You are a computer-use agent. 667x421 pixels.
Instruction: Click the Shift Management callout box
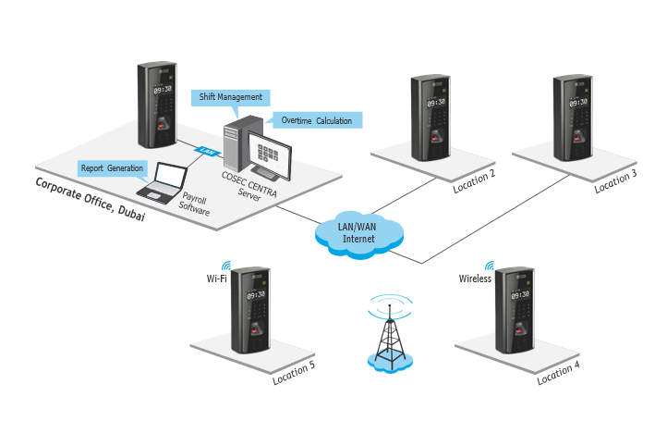click(x=231, y=97)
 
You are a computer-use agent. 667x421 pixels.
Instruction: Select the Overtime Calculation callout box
click(x=316, y=120)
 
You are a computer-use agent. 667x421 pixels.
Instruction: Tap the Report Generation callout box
click(x=112, y=168)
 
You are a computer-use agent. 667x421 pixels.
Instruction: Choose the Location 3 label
click(x=615, y=180)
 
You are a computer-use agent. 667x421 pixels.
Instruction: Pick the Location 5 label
click(x=294, y=373)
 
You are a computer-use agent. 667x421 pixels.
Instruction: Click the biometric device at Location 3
click(x=571, y=118)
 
